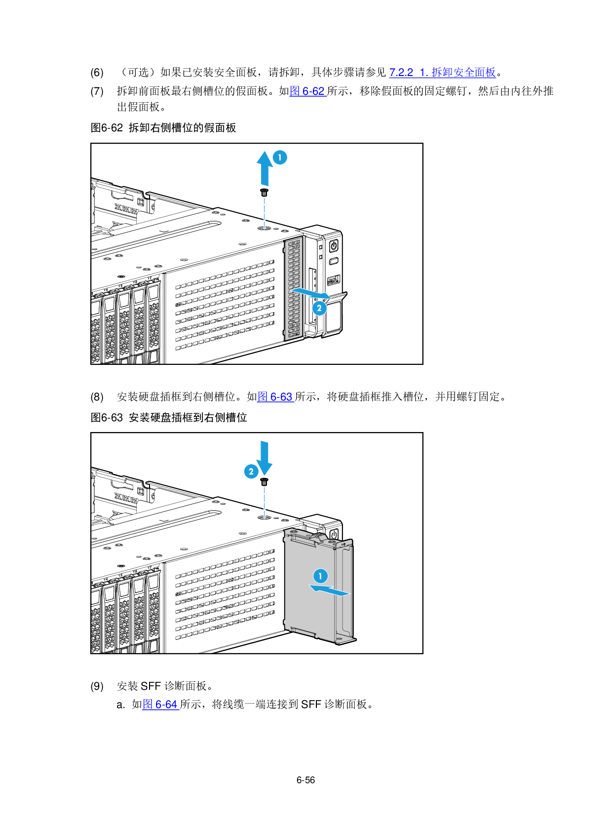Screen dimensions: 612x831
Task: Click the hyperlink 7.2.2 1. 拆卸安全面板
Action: (x=443, y=73)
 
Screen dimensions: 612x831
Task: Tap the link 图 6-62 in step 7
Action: (x=307, y=91)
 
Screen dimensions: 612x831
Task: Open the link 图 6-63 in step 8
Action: (x=275, y=397)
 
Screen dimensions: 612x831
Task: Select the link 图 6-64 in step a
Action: (x=160, y=704)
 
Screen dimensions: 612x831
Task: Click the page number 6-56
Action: (x=306, y=780)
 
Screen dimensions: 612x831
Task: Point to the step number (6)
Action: (x=97, y=73)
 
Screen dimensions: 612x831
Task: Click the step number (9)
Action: (x=97, y=686)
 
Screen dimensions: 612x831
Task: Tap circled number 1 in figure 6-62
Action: (x=280, y=158)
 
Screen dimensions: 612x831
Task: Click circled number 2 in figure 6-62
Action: (x=319, y=308)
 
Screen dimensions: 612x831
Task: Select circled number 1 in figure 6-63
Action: (x=320, y=576)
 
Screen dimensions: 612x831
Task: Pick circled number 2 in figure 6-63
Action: (x=251, y=472)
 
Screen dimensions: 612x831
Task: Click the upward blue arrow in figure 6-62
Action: (x=265, y=168)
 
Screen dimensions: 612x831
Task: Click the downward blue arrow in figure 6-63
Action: (x=265, y=458)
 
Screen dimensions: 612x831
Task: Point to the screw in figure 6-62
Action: (x=265, y=193)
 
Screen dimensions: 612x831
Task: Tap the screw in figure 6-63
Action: (x=265, y=482)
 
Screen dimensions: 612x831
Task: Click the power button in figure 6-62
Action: (x=334, y=245)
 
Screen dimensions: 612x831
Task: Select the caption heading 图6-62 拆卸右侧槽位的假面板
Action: (x=163, y=128)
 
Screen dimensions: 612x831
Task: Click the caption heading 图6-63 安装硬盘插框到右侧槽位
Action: (x=169, y=418)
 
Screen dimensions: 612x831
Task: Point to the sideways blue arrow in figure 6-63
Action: (x=329, y=590)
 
